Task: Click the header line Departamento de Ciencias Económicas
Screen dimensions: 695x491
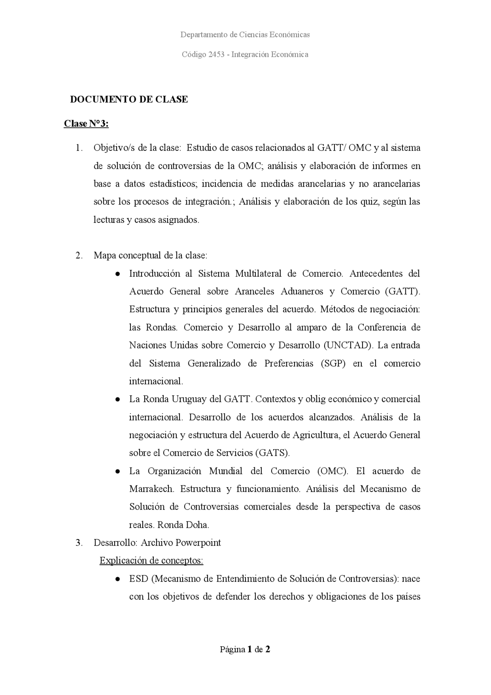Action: click(245, 35)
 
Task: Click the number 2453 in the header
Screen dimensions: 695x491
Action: click(216, 55)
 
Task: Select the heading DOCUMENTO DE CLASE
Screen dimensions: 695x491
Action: click(129, 99)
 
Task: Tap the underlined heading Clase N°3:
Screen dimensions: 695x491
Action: click(86, 124)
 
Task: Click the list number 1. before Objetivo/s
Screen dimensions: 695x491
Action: click(79, 148)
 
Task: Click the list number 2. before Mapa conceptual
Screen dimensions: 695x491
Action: click(79, 256)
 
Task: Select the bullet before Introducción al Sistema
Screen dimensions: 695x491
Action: click(119, 274)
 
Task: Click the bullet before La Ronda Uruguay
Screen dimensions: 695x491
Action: click(119, 399)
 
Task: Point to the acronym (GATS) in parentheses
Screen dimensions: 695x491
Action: click(272, 453)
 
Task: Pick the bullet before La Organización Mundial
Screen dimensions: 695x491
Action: click(119, 471)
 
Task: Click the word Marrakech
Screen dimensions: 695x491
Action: click(152, 489)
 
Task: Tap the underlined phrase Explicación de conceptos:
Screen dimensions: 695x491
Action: click(151, 561)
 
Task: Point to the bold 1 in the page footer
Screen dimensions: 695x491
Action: click(250, 650)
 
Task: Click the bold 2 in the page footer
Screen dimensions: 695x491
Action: click(268, 650)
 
